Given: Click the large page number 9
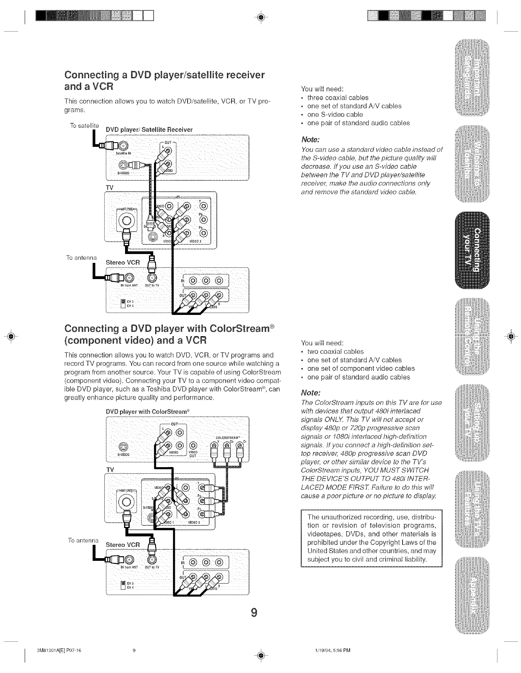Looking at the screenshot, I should pyautogui.click(x=254, y=612).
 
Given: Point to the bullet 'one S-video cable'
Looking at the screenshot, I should pyautogui.click(x=335, y=114).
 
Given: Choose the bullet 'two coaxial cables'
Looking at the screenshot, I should pyautogui.click(x=335, y=352).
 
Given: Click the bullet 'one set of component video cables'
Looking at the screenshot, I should pyautogui.click(x=360, y=368).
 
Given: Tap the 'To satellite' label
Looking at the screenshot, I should pyautogui.click(x=84, y=126).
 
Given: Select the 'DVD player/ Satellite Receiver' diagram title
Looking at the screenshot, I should pyautogui.click(x=149, y=130).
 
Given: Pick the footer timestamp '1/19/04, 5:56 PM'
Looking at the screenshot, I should pyautogui.click(x=332, y=651).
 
